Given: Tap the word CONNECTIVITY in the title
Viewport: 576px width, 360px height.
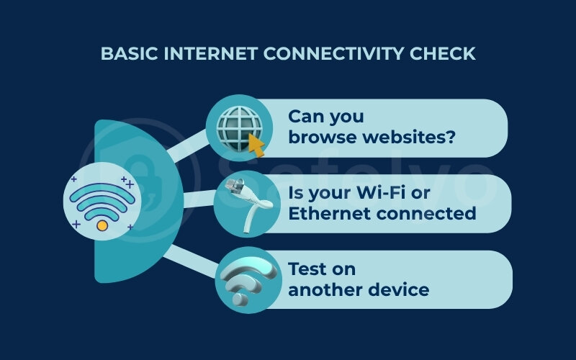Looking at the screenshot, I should pyautogui.click(x=338, y=54).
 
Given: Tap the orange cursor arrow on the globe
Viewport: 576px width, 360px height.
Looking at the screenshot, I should pyautogui.click(x=256, y=145).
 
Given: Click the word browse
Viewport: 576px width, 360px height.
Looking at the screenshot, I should pyautogui.click(x=320, y=137).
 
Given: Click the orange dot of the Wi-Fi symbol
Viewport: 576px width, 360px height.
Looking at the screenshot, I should pyautogui.click(x=102, y=225).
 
